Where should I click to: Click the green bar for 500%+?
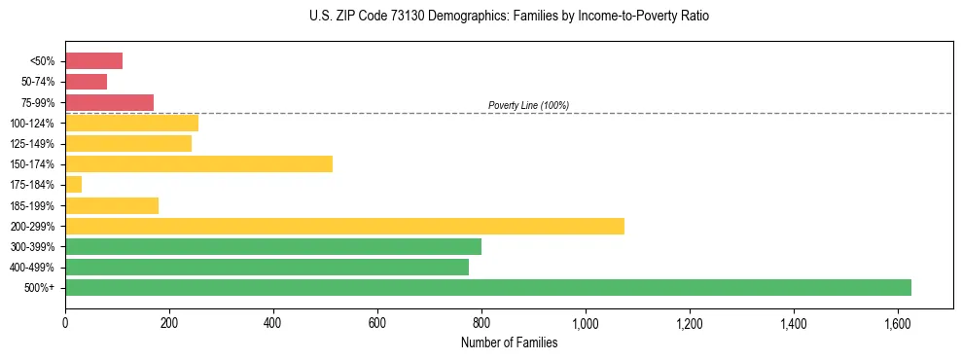[x=487, y=287]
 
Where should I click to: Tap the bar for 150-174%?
[x=198, y=163]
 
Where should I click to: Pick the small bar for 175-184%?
[x=73, y=184]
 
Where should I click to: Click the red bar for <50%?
[x=93, y=60]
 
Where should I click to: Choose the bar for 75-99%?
[x=109, y=102]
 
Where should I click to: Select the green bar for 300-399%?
[x=272, y=246]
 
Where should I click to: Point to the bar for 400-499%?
[x=267, y=267]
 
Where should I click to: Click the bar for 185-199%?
[x=112, y=205]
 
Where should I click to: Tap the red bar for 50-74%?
[x=86, y=82]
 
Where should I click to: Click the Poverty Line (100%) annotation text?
[x=528, y=105]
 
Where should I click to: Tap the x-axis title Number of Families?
[x=509, y=342]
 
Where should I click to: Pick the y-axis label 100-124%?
[x=32, y=124]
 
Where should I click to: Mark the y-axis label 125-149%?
[x=32, y=144]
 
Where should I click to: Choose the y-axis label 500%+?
[x=40, y=288]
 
